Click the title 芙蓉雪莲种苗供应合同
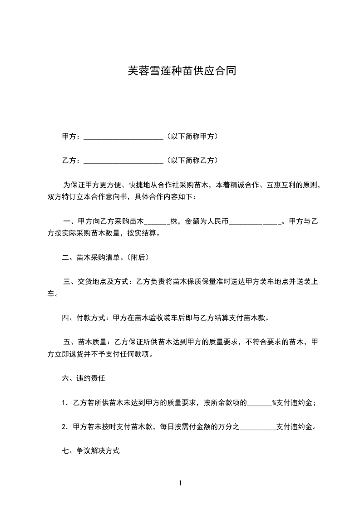point(180,71)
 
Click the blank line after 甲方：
point(123,137)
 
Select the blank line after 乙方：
point(123,161)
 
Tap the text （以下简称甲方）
point(192,136)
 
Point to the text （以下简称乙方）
point(192,160)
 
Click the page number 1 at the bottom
point(180,483)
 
